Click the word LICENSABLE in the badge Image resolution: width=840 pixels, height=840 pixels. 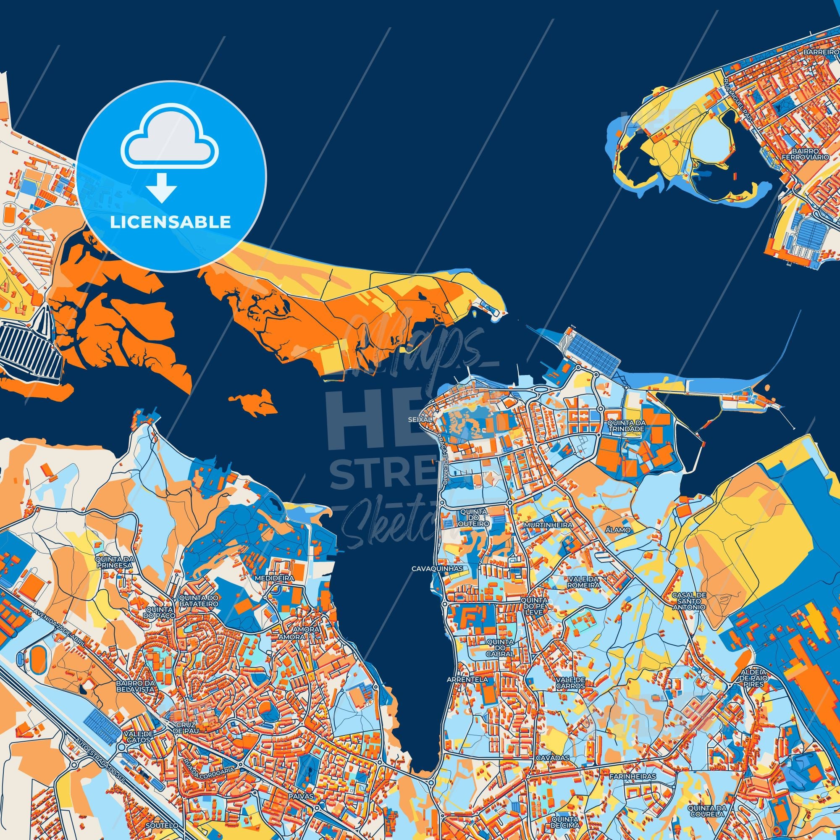(171, 222)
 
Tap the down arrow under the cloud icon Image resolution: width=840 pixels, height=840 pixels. (162, 187)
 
